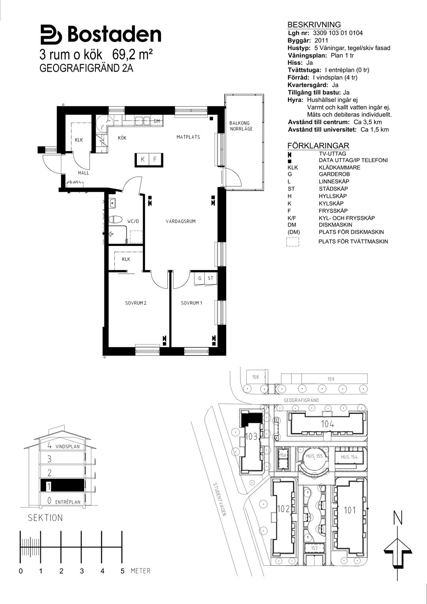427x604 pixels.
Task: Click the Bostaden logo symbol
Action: click(51, 35)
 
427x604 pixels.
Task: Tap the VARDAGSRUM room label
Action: click(181, 222)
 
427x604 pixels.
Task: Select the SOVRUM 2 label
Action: click(136, 303)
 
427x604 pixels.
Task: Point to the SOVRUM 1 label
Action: click(191, 303)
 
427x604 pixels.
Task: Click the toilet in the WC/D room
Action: click(115, 219)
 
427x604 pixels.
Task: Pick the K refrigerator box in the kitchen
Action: click(143, 159)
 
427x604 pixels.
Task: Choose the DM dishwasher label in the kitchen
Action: click(157, 121)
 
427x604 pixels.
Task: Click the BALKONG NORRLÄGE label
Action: click(241, 126)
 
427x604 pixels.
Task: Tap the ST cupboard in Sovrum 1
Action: click(210, 278)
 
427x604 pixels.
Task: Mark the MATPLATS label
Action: click(188, 137)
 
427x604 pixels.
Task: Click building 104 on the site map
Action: click(327, 424)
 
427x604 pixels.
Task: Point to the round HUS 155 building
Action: click(314, 457)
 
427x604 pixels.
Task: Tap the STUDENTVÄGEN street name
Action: click(219, 500)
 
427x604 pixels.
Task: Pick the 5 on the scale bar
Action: click(123, 571)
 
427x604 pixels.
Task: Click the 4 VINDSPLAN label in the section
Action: click(64, 446)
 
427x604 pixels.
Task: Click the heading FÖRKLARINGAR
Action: click(318, 146)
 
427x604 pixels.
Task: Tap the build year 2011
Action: click(321, 40)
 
